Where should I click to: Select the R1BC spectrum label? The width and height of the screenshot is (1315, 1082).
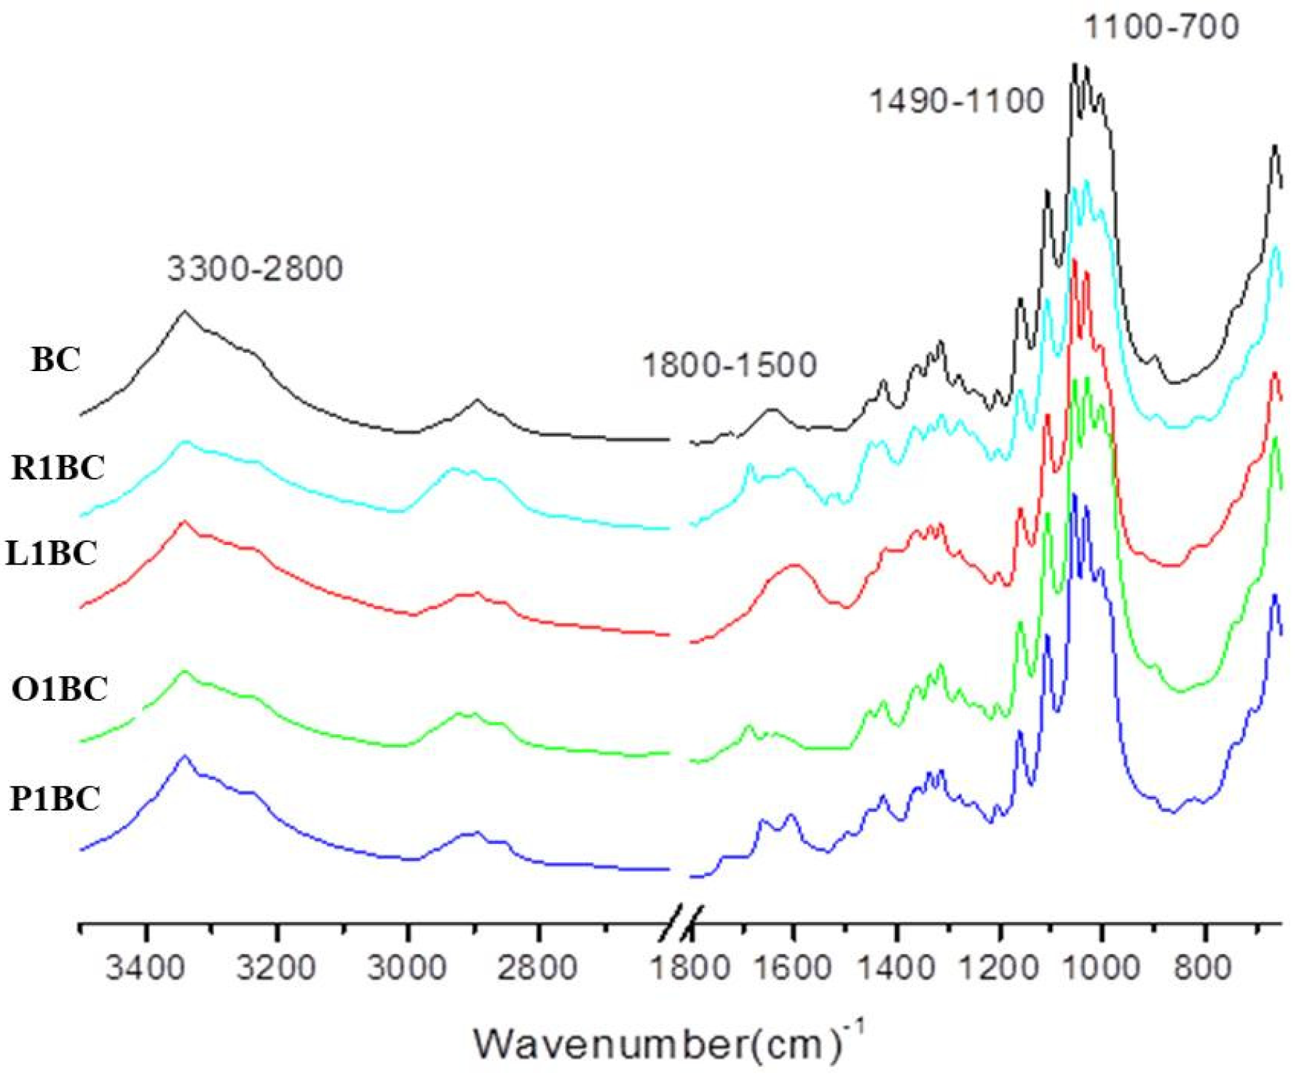58,467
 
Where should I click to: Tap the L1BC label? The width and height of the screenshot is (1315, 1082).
51,553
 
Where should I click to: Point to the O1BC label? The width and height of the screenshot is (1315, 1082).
59,688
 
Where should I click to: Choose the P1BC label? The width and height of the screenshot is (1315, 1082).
55,798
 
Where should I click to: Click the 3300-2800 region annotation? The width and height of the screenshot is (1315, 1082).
255,268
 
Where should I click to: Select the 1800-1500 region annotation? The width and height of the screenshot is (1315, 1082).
729,365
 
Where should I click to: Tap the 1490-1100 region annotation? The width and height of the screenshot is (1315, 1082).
957,100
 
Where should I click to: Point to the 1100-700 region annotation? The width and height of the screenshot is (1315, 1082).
1161,28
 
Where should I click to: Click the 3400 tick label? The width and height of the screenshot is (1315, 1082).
146,968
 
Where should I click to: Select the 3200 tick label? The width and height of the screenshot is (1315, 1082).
277,968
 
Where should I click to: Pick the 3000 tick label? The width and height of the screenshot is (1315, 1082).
407,968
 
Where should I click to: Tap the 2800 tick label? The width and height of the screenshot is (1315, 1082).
538,968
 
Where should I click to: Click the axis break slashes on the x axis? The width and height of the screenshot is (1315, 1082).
685,920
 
